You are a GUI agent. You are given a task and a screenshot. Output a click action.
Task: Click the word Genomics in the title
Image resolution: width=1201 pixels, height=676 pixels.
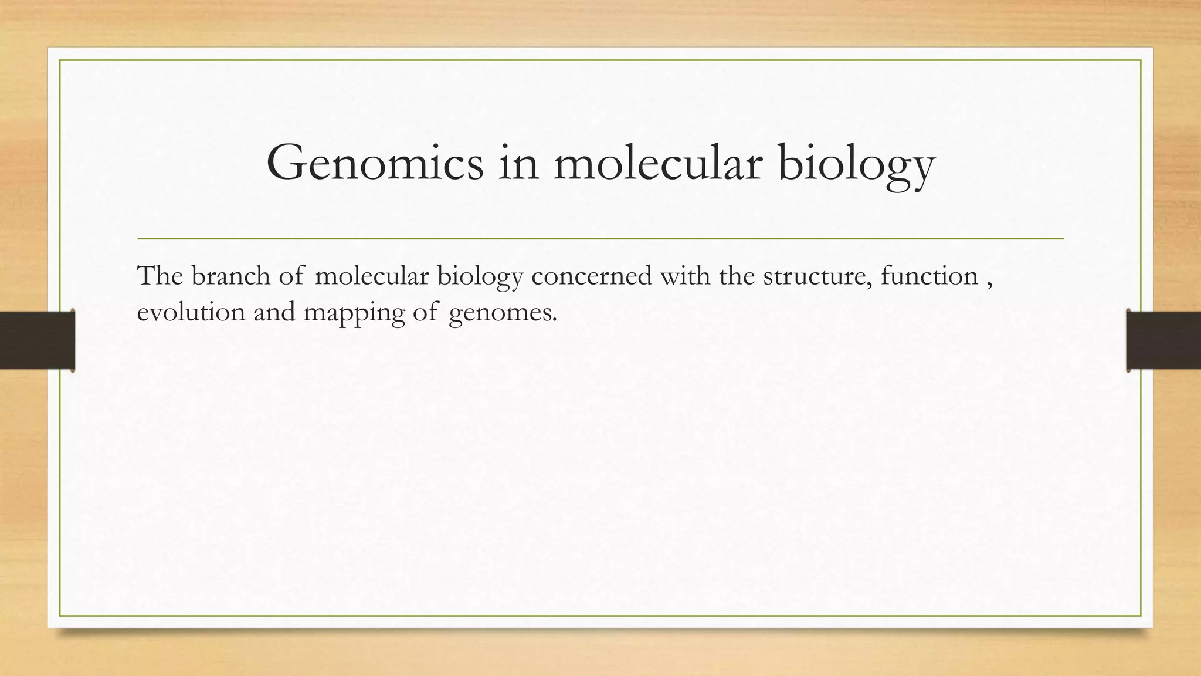tap(375, 163)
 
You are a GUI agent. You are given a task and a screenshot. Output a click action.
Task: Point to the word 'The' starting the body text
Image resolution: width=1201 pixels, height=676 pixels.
tap(160, 276)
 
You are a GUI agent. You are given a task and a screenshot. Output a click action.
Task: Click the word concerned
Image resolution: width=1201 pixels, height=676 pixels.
tap(591, 276)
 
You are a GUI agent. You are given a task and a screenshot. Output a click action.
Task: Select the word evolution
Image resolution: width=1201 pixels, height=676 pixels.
tap(191, 312)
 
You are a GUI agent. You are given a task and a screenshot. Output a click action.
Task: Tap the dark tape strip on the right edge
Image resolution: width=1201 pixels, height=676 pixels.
tap(1163, 340)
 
